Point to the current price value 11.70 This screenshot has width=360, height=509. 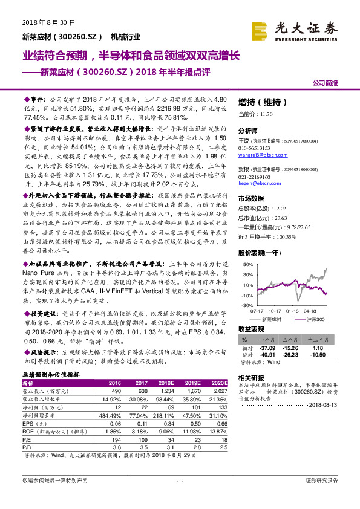point(269,113)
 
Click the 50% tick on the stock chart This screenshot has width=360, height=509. point(249,265)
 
